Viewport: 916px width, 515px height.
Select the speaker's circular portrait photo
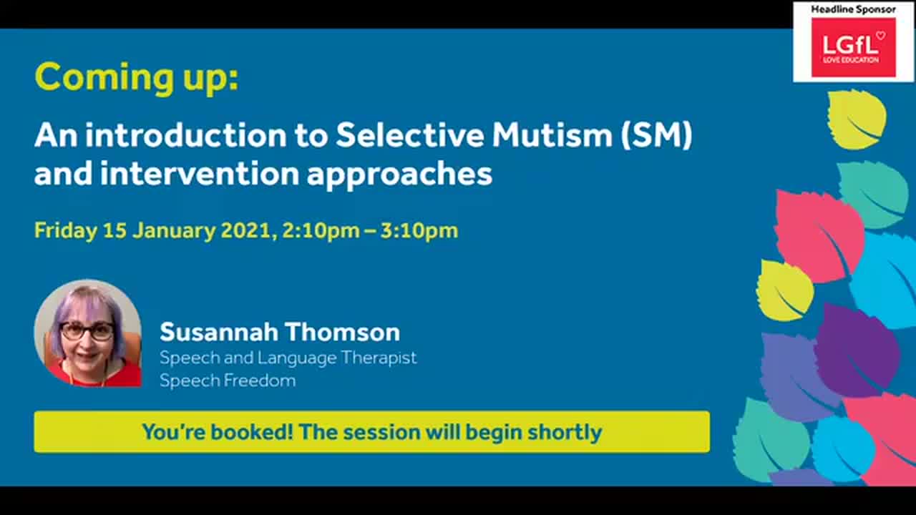click(87, 333)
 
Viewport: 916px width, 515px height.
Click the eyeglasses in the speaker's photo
click(87, 331)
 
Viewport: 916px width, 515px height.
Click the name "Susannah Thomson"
click(279, 332)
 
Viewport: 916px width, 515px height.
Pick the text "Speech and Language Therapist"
click(288, 357)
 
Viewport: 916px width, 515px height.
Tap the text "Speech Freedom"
click(228, 381)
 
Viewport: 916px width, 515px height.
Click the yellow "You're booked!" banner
click(371, 432)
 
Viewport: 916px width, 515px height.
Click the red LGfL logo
click(853, 47)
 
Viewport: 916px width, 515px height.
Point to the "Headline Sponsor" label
click(853, 9)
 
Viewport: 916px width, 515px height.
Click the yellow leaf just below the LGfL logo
click(857, 119)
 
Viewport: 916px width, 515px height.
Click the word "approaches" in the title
click(399, 174)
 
